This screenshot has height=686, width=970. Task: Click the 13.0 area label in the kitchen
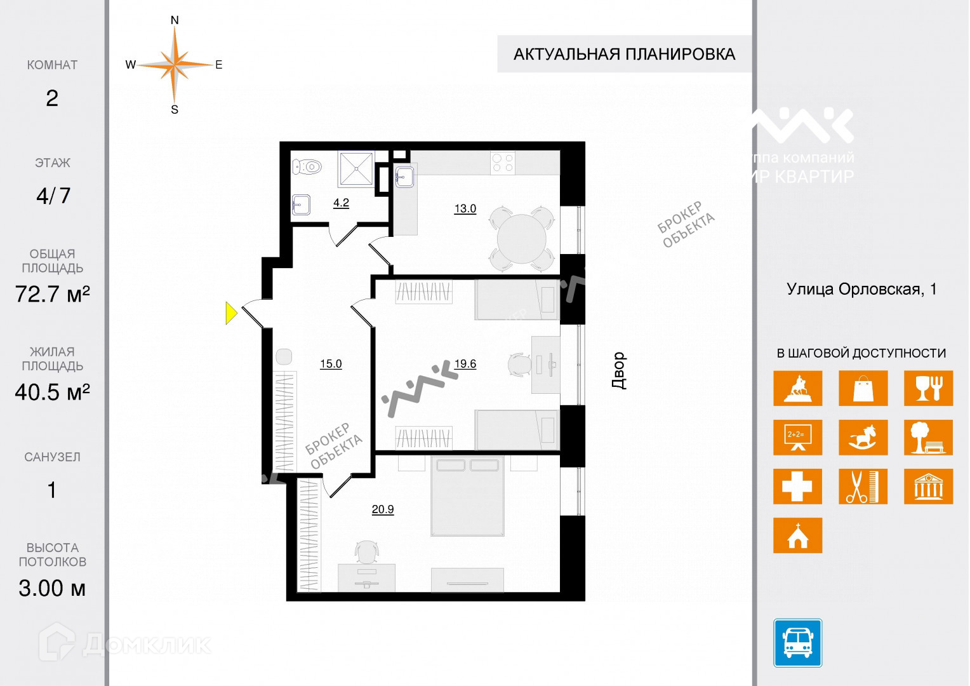click(x=465, y=208)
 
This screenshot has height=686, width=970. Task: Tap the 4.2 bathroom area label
click(x=341, y=203)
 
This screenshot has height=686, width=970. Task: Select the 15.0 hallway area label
click(x=331, y=364)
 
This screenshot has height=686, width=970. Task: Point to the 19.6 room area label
click(x=465, y=364)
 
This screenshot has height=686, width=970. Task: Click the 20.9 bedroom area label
click(x=383, y=509)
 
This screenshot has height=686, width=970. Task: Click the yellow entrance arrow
click(x=231, y=313)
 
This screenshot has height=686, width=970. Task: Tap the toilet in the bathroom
click(x=307, y=167)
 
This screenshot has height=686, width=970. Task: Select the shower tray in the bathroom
click(x=355, y=169)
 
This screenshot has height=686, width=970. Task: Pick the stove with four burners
click(x=503, y=163)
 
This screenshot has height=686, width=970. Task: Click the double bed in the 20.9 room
click(x=468, y=496)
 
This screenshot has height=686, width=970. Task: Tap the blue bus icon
click(x=797, y=643)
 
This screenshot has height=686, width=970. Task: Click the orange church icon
click(x=797, y=535)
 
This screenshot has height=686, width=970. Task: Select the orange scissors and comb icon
click(x=863, y=487)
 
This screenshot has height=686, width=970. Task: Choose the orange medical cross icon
click(x=797, y=487)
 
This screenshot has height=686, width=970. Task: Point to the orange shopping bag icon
click(x=863, y=388)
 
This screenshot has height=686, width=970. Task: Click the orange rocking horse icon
click(x=863, y=438)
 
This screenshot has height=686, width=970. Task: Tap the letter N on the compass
click(x=175, y=20)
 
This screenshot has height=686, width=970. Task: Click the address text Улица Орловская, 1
click(x=861, y=290)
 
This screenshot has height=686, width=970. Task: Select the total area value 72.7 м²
click(x=53, y=295)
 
